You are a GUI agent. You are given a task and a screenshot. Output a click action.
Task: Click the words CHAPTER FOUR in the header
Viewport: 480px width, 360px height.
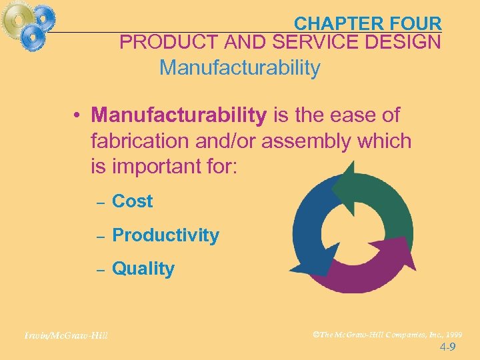367,23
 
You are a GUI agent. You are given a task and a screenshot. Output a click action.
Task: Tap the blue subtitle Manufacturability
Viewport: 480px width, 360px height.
240,68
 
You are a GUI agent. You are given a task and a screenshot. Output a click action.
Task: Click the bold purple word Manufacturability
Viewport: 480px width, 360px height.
179,115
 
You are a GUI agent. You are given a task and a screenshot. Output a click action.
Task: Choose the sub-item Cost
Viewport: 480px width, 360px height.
132,201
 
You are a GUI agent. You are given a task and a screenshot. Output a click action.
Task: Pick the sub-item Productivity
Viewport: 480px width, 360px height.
165,235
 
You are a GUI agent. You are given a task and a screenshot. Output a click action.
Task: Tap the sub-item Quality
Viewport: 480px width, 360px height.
143,269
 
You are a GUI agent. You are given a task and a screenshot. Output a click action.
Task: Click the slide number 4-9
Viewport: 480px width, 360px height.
448,347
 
